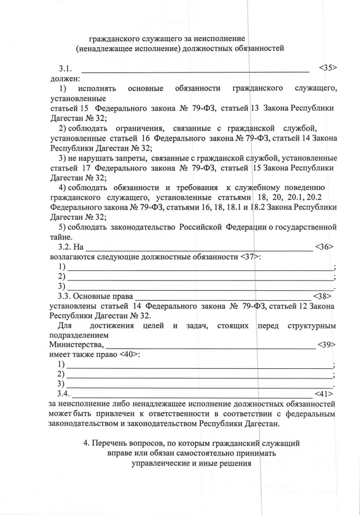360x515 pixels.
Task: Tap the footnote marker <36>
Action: [325, 246]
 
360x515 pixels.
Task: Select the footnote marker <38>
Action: [322, 295]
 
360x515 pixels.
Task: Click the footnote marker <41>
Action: [325, 393]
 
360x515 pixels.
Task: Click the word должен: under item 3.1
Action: [65, 79]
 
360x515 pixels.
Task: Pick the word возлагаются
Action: [75, 257]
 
